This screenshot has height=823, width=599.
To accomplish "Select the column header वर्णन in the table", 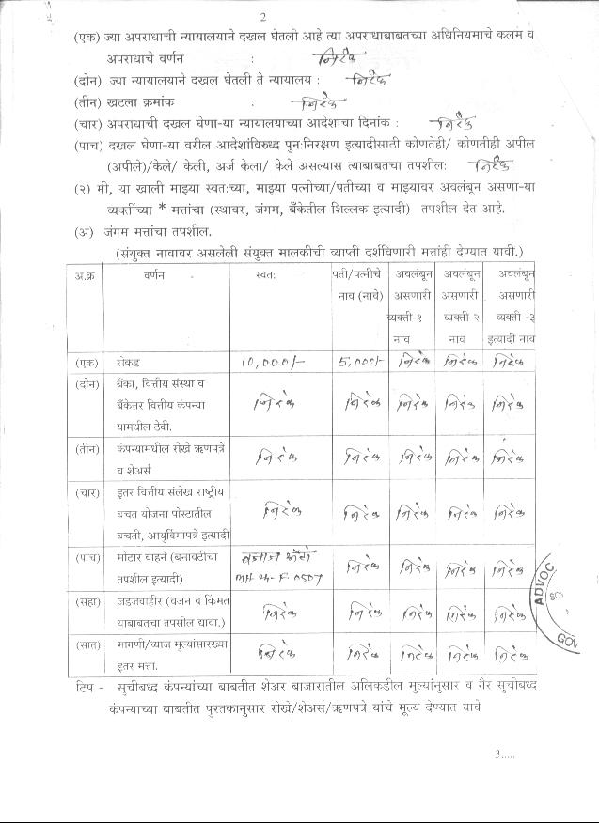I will (156, 278).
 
